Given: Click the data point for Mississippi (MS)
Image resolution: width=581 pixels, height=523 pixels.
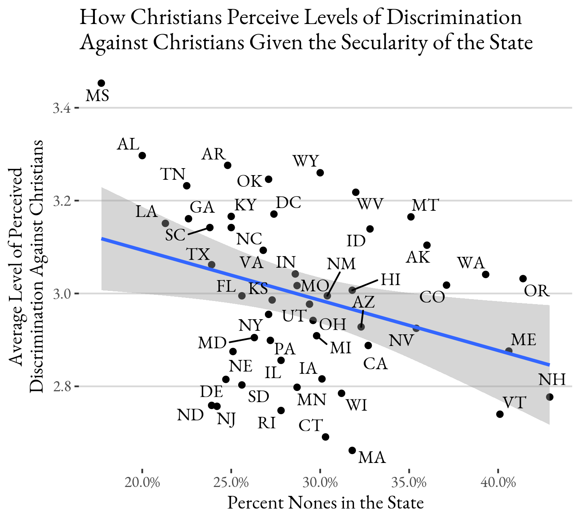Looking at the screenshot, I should point(101,83).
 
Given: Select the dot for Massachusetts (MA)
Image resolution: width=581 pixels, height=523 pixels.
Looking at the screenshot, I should point(352,450).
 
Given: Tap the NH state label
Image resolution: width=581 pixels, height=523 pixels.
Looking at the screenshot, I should point(552,379).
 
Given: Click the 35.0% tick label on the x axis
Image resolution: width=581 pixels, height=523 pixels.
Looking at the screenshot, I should point(409,483).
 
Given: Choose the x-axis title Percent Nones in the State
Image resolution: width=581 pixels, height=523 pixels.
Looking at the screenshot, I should point(325,503).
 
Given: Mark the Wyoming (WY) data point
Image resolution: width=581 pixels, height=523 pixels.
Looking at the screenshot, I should point(320,173).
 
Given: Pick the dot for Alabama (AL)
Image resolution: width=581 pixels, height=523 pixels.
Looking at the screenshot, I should point(142,155).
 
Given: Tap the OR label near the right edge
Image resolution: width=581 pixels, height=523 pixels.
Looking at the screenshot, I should point(537,291).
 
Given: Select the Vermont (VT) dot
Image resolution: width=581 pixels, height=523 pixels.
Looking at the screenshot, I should point(500,414).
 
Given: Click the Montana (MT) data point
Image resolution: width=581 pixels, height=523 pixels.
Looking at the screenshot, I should point(411,217).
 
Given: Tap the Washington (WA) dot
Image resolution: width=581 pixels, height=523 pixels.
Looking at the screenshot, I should point(486,275).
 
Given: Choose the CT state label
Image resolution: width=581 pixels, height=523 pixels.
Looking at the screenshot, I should point(310,426).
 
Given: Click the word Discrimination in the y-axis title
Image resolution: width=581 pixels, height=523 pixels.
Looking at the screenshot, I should point(37,339).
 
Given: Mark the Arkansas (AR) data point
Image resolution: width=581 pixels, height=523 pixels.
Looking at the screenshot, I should point(228,165).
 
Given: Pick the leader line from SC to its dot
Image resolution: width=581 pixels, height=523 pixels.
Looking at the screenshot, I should point(198,231).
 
